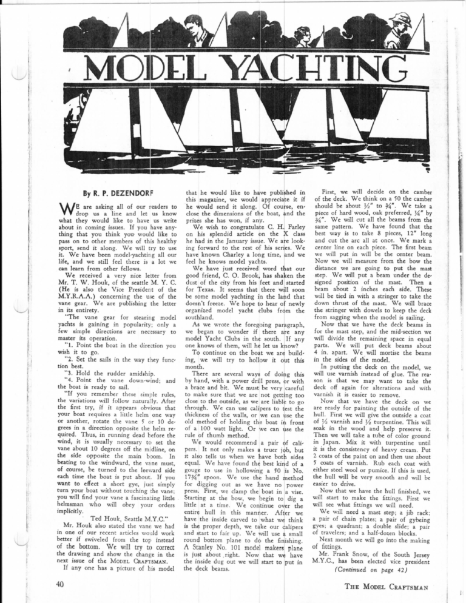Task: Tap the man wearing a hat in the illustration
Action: [x=400, y=26]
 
